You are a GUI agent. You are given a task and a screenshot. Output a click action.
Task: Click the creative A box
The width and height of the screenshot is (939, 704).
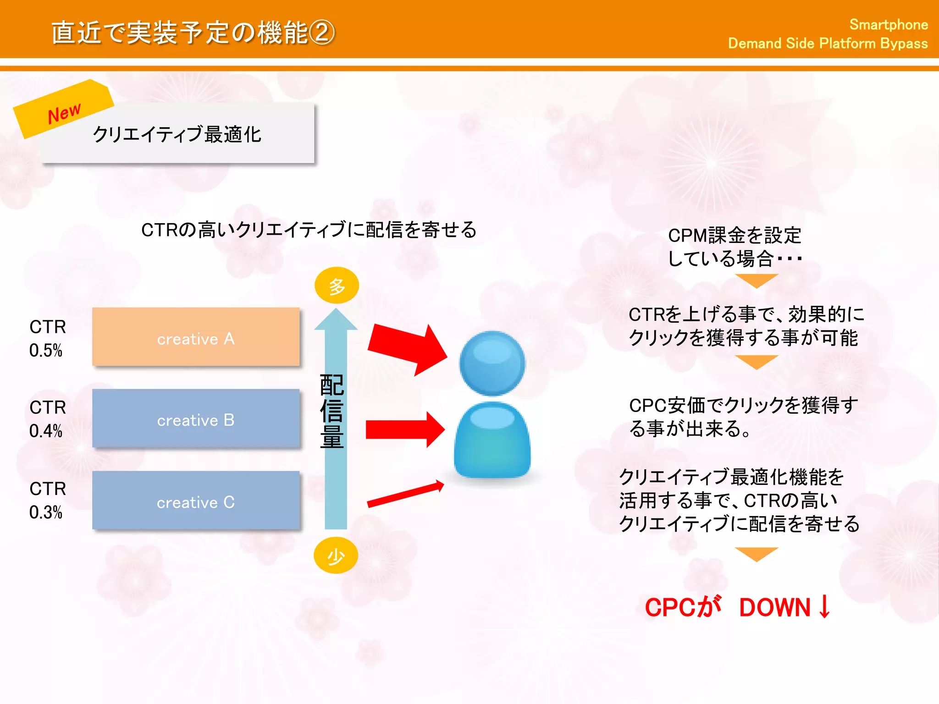tap(196, 337)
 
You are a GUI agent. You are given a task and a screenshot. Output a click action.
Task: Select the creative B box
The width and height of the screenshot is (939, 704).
tap(196, 418)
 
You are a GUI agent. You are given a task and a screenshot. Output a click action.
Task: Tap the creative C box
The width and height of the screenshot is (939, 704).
tap(196, 500)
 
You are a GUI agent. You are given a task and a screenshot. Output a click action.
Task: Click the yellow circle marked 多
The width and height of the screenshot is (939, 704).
tap(337, 286)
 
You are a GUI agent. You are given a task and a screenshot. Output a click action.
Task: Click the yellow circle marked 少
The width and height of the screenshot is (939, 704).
tap(336, 555)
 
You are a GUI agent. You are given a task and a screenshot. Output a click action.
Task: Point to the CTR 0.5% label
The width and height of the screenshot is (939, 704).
tap(47, 338)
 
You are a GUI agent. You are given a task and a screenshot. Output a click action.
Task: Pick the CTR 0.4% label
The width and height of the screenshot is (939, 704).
tap(47, 419)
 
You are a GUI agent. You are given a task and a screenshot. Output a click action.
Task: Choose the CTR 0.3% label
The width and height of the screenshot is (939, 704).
tap(47, 500)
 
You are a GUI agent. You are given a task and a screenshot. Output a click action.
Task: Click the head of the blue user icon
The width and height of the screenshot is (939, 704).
tap(492, 363)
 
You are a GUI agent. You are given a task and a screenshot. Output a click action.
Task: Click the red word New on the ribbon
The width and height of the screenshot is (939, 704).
tap(64, 113)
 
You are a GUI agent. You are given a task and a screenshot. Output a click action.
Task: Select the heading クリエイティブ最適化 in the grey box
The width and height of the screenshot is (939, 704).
tap(177, 135)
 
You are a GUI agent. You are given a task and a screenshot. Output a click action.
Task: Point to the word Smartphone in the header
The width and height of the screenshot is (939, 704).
tap(888, 24)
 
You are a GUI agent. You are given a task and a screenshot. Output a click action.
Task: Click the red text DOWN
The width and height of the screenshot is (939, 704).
tap(775, 607)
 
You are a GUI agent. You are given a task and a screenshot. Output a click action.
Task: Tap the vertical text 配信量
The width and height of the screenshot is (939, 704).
tap(331, 411)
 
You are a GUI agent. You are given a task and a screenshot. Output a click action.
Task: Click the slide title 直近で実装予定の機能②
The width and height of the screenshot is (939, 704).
tap(193, 33)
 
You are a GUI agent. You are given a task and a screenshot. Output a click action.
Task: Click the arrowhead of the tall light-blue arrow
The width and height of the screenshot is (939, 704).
tap(336, 320)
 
